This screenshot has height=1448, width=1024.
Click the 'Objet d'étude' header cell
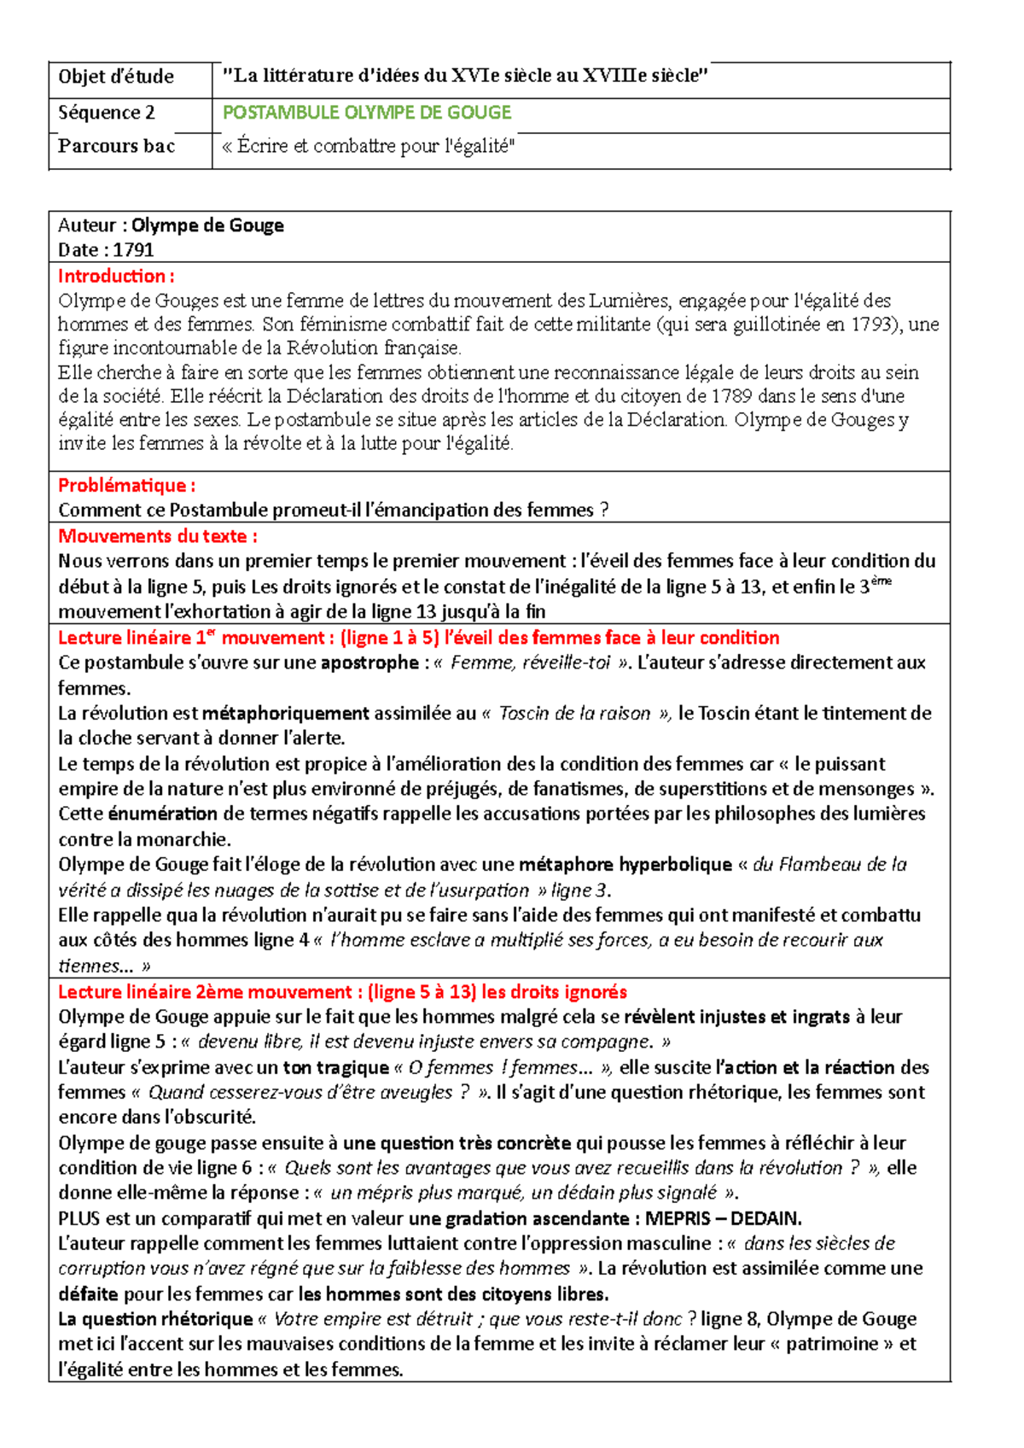click(116, 78)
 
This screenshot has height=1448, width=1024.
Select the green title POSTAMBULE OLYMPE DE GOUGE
click(367, 113)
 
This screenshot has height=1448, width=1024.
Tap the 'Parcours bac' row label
click(117, 146)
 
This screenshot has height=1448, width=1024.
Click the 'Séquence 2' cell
click(107, 113)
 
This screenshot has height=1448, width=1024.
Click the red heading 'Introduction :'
click(116, 276)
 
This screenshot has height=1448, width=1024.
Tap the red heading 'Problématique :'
click(126, 486)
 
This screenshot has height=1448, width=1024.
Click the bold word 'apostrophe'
click(369, 663)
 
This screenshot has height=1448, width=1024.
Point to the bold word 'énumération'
click(163, 814)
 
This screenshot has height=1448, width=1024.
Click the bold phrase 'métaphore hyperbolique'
click(625, 865)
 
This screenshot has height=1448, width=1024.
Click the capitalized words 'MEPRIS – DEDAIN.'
click(723, 1218)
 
